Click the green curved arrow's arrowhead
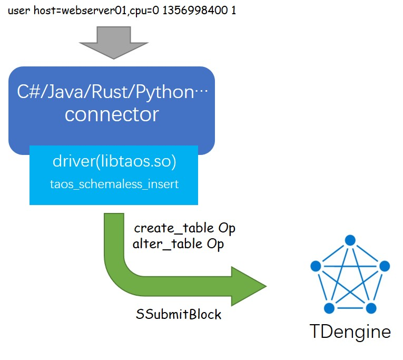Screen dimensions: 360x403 tap(248, 286)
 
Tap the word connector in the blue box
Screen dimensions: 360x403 tap(112, 114)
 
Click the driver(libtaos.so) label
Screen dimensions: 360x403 tap(113, 162)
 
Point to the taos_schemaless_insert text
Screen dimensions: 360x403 tap(113, 184)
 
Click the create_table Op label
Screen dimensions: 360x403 tap(184, 228)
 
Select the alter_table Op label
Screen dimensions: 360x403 tap(178, 244)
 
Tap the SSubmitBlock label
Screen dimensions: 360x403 tap(179, 315)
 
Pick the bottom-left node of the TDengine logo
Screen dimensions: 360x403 tap(330, 307)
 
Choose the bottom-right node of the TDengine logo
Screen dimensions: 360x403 tap(371, 307)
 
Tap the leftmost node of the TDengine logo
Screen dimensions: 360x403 tap(316, 266)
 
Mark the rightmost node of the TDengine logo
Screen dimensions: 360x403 tap(384, 266)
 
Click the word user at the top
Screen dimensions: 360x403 tap(18, 10)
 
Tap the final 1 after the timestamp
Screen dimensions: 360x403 tap(233, 10)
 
